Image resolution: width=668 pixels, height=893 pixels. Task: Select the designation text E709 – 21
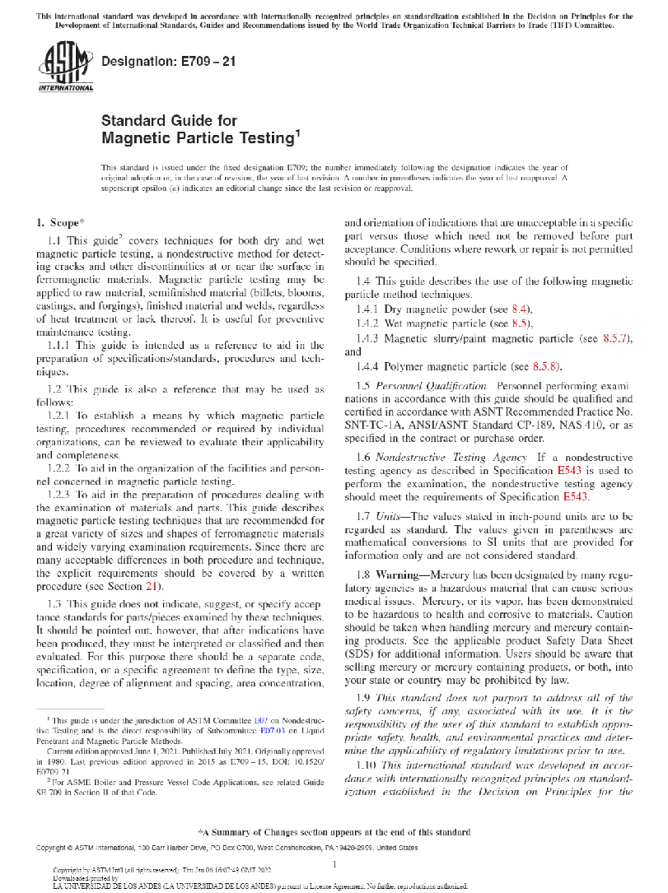click(x=208, y=61)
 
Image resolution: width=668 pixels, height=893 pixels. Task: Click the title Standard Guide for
click(x=169, y=121)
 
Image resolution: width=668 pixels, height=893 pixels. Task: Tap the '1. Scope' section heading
click(x=60, y=223)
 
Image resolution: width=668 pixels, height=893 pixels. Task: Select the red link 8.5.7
click(x=617, y=338)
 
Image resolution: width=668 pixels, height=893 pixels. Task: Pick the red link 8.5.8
click(x=546, y=366)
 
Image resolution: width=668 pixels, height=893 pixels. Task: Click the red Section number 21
click(x=151, y=586)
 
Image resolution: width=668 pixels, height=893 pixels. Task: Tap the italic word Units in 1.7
click(x=387, y=516)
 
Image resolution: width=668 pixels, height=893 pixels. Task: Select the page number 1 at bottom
click(x=335, y=864)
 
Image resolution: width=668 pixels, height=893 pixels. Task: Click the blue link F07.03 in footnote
click(x=273, y=731)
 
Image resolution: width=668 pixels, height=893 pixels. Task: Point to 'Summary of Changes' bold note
click(x=334, y=832)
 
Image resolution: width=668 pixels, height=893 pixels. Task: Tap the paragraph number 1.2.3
click(x=58, y=495)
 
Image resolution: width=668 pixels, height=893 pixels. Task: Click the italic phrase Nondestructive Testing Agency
click(x=450, y=457)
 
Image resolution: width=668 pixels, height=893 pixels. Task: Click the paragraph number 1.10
click(x=366, y=766)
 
